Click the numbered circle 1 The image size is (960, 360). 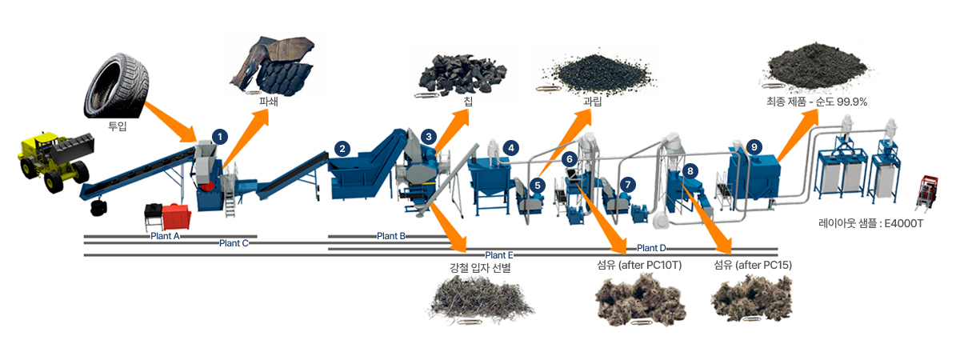[x=220, y=137]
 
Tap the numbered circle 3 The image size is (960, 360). [x=429, y=137]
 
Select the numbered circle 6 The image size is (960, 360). [x=570, y=159]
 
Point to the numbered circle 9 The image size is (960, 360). [x=754, y=147]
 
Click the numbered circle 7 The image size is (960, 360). [x=628, y=185]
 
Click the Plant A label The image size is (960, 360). [x=165, y=236]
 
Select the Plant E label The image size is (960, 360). [x=499, y=255]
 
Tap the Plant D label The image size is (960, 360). [x=651, y=248]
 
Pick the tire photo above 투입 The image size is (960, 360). [x=117, y=86]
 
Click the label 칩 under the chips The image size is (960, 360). [x=468, y=102]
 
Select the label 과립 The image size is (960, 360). [x=592, y=102]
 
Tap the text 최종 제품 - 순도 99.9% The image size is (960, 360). [x=817, y=102]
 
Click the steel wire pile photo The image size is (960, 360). [x=481, y=300]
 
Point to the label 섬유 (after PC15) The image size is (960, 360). [x=753, y=266]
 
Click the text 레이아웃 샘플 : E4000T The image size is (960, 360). [x=871, y=223]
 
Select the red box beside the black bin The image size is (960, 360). [x=176, y=217]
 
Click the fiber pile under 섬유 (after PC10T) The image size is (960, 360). [x=640, y=300]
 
